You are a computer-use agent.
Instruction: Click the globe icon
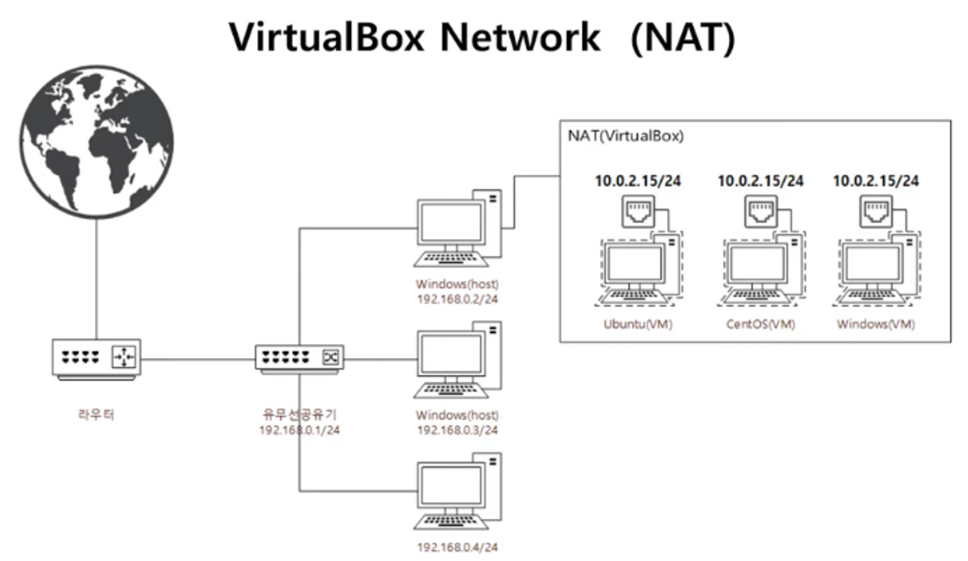click(x=97, y=142)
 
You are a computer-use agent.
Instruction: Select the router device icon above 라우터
click(x=96, y=358)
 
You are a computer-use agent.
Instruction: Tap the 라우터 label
click(x=96, y=414)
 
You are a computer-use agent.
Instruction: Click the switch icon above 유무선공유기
click(x=299, y=358)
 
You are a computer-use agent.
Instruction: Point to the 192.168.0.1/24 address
click(x=299, y=430)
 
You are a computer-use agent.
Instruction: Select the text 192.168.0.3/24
click(x=457, y=430)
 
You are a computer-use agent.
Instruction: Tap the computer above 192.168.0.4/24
click(x=457, y=491)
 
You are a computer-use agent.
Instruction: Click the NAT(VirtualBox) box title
click(x=625, y=136)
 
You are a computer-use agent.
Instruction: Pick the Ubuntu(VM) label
click(x=638, y=324)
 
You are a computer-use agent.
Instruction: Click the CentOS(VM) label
click(x=760, y=324)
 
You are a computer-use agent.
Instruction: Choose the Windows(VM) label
click(x=876, y=324)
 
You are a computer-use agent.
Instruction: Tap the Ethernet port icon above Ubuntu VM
click(x=638, y=212)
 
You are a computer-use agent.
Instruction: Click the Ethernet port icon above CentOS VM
click(x=761, y=212)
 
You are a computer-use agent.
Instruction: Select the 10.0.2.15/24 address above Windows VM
click(x=876, y=181)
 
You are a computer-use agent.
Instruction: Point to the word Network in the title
click(x=520, y=37)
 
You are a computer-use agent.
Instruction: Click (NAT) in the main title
click(x=683, y=37)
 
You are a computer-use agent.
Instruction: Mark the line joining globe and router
click(x=96, y=278)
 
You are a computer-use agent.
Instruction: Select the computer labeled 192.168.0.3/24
click(x=457, y=360)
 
